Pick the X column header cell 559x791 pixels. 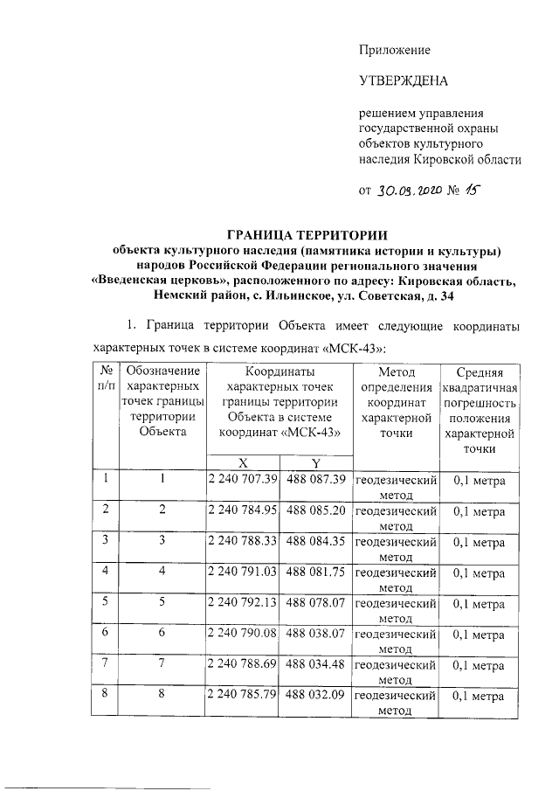(242, 462)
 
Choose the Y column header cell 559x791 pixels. (315, 462)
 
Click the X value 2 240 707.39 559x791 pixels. (242, 479)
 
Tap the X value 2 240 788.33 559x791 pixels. (242, 541)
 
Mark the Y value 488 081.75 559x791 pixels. (316, 572)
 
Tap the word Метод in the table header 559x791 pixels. (395, 371)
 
